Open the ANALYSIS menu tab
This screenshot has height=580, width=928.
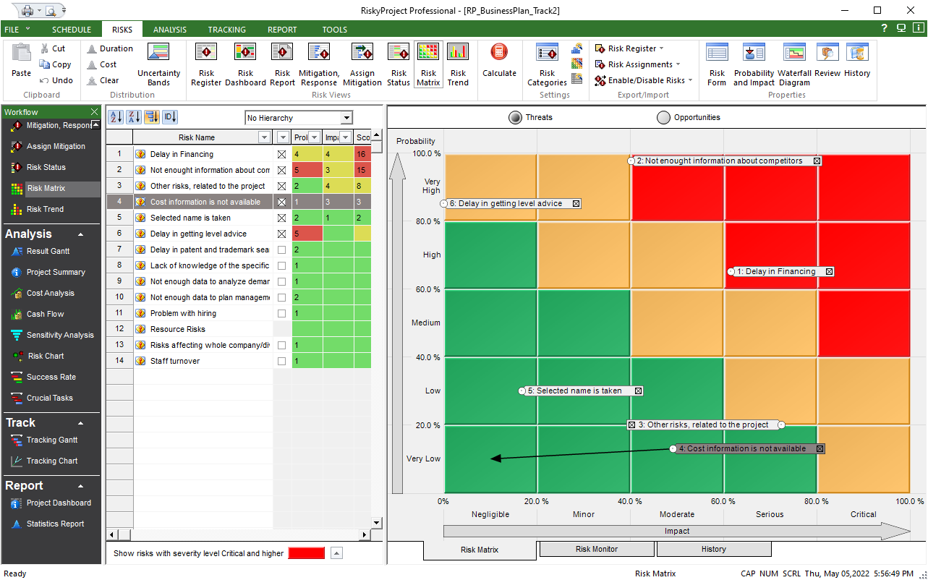pyautogui.click(x=170, y=30)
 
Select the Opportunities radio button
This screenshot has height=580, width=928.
pyautogui.click(x=663, y=118)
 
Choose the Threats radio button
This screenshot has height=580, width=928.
pyautogui.click(x=515, y=118)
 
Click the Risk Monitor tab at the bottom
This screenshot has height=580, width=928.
pyautogui.click(x=596, y=550)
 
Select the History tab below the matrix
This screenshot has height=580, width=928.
pyautogui.click(x=713, y=550)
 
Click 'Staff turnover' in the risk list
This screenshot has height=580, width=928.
pyautogui.click(x=175, y=361)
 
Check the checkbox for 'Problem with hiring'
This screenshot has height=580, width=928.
pyautogui.click(x=282, y=313)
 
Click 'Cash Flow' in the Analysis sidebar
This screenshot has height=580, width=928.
pyautogui.click(x=45, y=315)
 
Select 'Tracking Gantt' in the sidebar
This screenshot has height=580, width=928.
pyautogui.click(x=51, y=440)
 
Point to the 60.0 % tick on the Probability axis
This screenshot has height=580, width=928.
pyautogui.click(x=426, y=290)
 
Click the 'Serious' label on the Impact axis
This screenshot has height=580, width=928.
pyautogui.click(x=770, y=515)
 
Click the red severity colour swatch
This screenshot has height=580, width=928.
pyautogui.click(x=306, y=553)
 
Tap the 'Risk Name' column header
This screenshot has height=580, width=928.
pyautogui.click(x=197, y=137)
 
